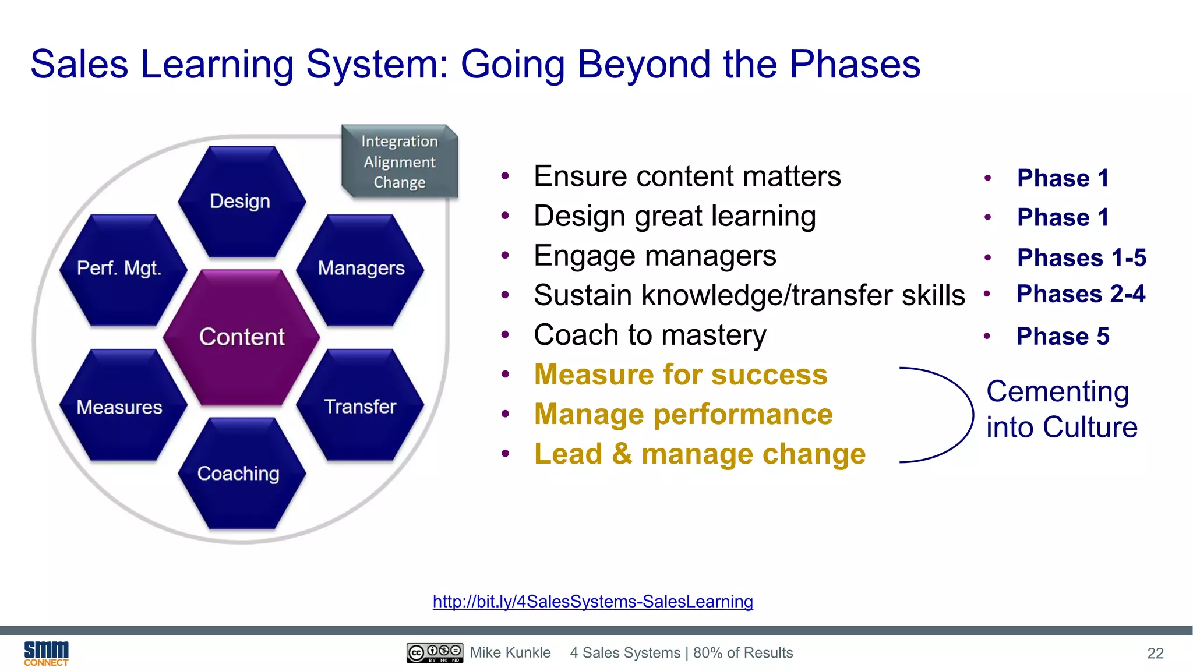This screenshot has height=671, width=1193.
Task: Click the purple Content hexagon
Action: pyautogui.click(x=242, y=337)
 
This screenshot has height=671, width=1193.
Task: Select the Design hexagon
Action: pyautogui.click(x=241, y=202)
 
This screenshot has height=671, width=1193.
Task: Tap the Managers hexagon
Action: pyautogui.click(x=361, y=269)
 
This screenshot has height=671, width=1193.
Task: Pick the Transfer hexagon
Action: pyautogui.click(x=360, y=406)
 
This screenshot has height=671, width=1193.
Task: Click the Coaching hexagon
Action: pyautogui.click(x=239, y=474)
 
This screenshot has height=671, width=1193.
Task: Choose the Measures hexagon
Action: pyautogui.click(x=120, y=407)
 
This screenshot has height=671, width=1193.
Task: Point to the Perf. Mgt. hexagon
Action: pyautogui.click(x=120, y=269)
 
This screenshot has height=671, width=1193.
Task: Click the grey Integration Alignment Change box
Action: pyautogui.click(x=400, y=162)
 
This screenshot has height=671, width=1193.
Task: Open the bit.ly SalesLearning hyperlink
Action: pyautogui.click(x=592, y=601)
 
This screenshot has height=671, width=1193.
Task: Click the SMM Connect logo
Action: pyautogui.click(x=46, y=653)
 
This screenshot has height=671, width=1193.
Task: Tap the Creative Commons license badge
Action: pyautogui.click(x=435, y=653)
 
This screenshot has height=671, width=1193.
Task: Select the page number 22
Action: pyautogui.click(x=1155, y=654)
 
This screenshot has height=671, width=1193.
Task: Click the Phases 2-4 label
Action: pyautogui.click(x=1081, y=294)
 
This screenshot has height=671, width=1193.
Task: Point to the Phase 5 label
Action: pyautogui.click(x=1063, y=336)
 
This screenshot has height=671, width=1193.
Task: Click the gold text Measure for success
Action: pyautogui.click(x=680, y=375)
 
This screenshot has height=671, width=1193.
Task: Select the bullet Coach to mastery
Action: pyautogui.click(x=650, y=335)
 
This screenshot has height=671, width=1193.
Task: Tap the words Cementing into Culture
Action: pyautogui.click(x=1061, y=409)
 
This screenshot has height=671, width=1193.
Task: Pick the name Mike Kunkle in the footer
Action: pyautogui.click(x=510, y=653)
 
